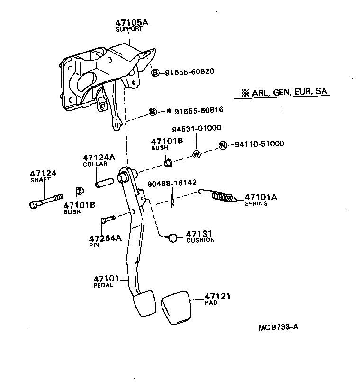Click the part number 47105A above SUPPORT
(x=130, y=22)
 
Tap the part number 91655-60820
(x=189, y=72)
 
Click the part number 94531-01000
(x=196, y=128)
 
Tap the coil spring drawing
(x=221, y=196)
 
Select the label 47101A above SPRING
(x=260, y=197)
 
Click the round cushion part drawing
(x=173, y=238)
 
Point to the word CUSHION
(x=200, y=240)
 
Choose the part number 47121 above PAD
(x=217, y=296)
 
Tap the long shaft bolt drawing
(x=45, y=201)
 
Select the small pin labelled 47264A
(x=108, y=219)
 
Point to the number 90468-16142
(x=172, y=182)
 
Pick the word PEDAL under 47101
(x=103, y=285)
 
